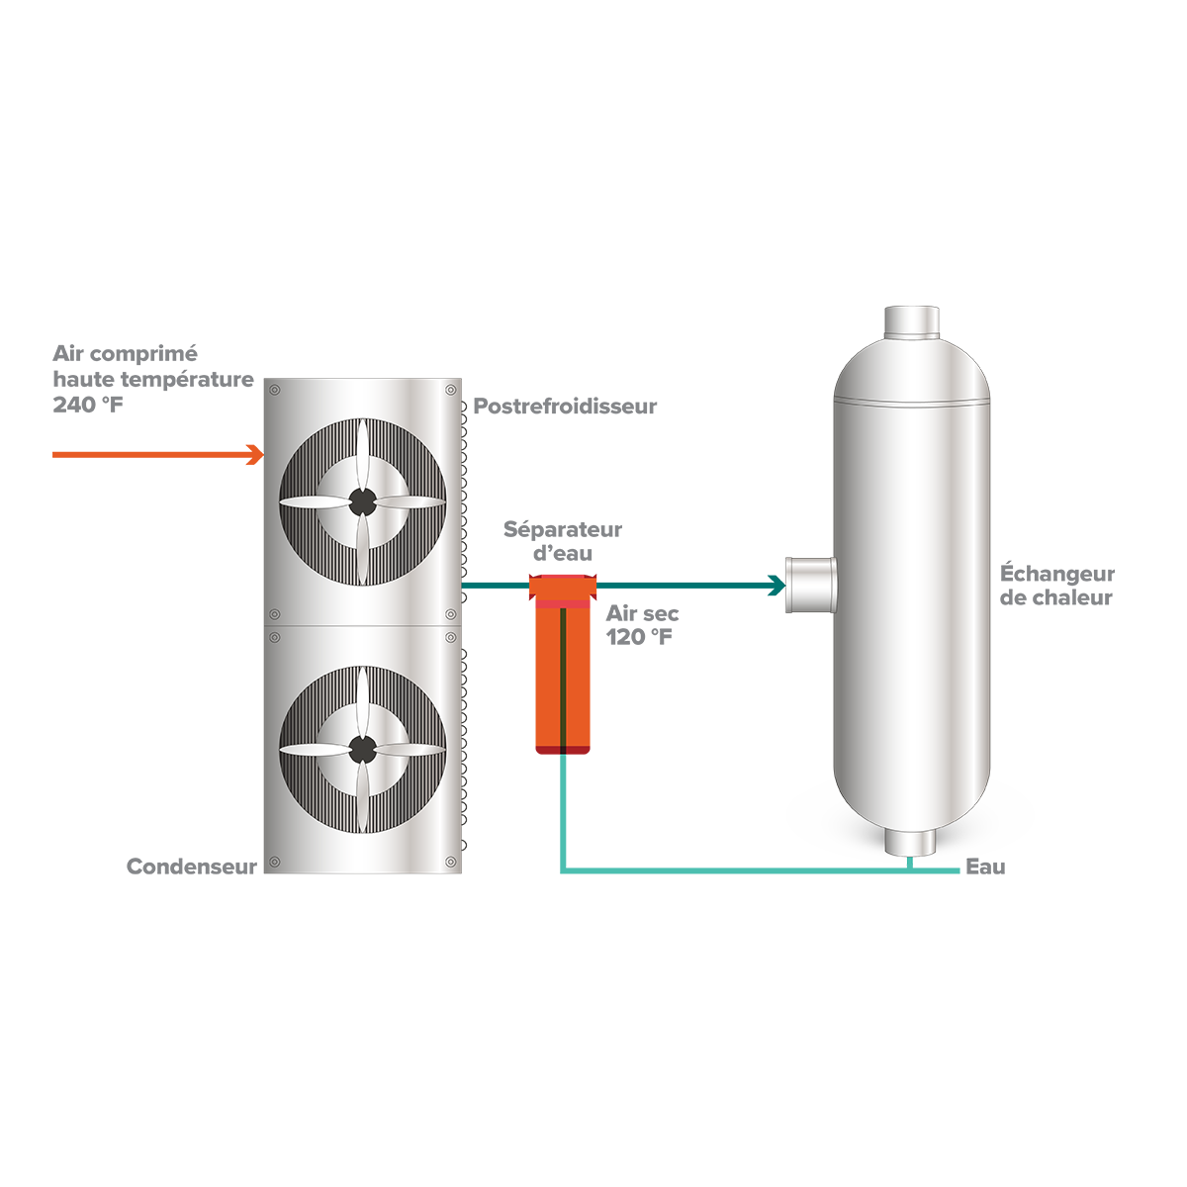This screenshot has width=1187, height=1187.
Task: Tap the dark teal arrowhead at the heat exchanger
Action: click(x=776, y=586)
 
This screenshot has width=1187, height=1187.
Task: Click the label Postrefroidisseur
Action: click(x=565, y=407)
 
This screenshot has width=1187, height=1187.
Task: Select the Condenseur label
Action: click(x=192, y=867)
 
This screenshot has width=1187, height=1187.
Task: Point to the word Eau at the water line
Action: click(x=985, y=867)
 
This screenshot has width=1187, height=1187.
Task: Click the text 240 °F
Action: click(x=87, y=405)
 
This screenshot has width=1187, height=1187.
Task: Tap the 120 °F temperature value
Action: click(x=638, y=637)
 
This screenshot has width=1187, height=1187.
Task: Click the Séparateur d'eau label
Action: click(x=563, y=541)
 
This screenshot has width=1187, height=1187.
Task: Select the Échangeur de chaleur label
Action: click(x=1057, y=586)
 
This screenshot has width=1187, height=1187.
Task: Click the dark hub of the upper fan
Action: click(x=362, y=502)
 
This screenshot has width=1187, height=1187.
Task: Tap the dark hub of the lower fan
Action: click(x=362, y=749)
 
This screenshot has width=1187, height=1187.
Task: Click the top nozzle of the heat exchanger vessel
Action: click(x=912, y=321)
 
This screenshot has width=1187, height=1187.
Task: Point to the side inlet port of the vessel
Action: click(x=811, y=585)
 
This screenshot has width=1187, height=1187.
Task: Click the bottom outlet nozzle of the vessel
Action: click(x=910, y=842)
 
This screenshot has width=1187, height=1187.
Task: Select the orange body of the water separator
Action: click(x=563, y=677)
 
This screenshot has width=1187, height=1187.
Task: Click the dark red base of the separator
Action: click(x=563, y=750)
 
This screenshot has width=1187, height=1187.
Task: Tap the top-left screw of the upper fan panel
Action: click(x=275, y=390)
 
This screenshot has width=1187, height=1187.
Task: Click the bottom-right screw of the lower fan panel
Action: click(x=450, y=862)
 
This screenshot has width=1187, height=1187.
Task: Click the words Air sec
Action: click(x=642, y=613)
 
